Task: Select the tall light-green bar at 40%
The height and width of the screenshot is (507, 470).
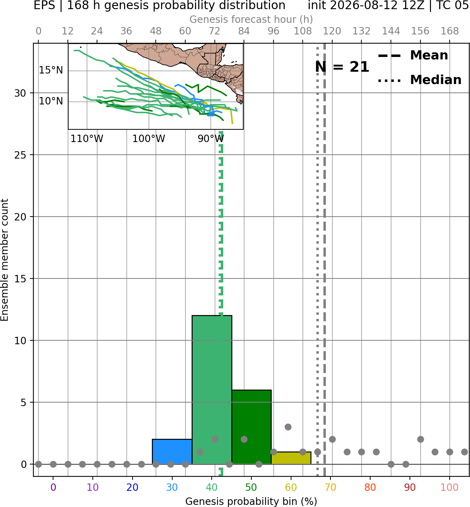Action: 212,390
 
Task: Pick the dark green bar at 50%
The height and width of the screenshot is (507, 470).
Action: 251,427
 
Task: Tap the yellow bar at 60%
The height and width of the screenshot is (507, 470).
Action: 291,458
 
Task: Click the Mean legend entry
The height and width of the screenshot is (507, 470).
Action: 413,56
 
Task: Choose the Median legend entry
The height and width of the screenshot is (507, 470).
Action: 419,80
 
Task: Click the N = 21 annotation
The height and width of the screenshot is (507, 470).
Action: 342,67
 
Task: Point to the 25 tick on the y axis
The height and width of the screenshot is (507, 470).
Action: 20,155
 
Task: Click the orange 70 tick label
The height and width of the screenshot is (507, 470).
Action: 330,487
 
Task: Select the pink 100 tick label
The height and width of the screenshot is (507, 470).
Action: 450,487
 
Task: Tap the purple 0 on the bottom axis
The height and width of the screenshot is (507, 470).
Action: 53,487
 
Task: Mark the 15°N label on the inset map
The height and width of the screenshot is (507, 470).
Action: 51,70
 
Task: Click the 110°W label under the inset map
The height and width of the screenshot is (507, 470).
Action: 87,139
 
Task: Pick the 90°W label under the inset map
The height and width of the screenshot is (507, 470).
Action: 211,139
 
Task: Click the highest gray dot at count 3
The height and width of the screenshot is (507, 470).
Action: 288,427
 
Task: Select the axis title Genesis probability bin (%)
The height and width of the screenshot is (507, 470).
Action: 251,501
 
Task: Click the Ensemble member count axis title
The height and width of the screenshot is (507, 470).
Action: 4,260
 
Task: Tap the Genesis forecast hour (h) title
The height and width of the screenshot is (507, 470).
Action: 251,19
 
